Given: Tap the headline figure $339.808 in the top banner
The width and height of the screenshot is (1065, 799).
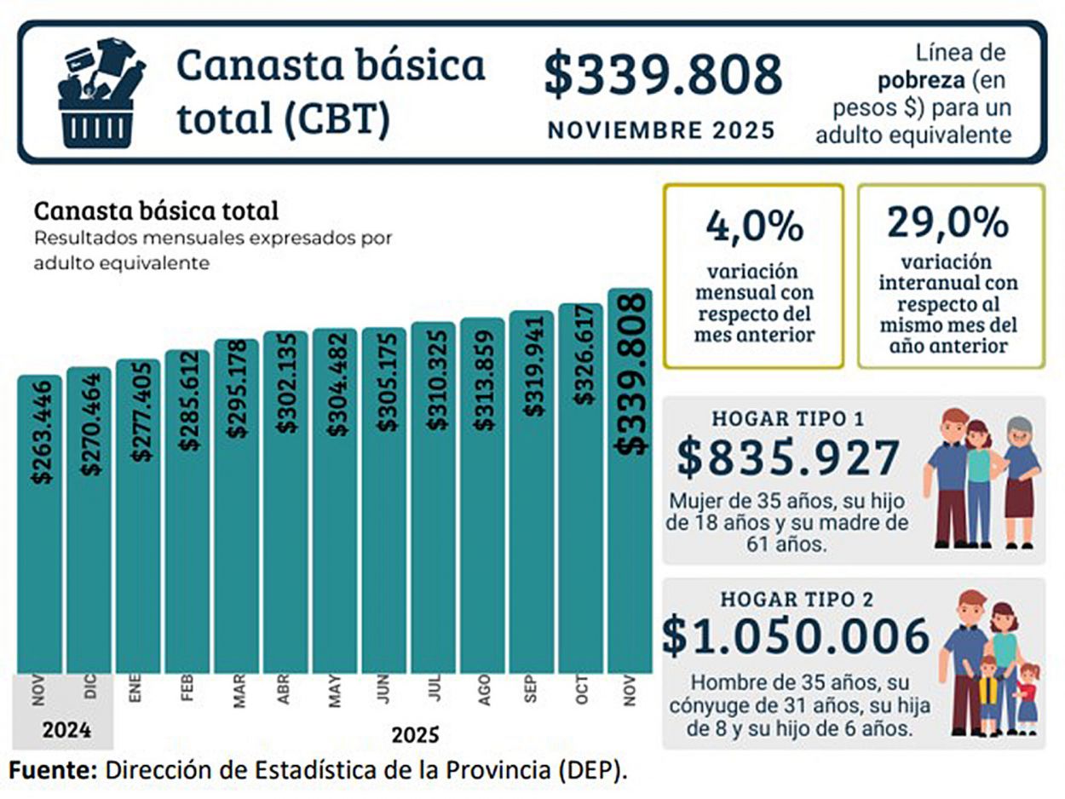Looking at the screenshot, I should pos(663,74).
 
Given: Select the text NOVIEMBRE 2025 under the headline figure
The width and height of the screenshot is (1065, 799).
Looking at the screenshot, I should pos(661,130).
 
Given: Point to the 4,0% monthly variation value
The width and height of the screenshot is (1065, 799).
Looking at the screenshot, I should pos(753,226).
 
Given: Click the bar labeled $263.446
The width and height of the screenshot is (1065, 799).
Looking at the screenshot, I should pos(40,523).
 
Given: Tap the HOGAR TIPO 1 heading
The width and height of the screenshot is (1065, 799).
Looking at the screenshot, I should pos(788,419).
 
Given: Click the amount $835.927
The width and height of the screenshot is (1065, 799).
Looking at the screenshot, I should pos(788,457).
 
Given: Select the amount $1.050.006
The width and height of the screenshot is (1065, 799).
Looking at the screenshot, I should pos(796,637).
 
